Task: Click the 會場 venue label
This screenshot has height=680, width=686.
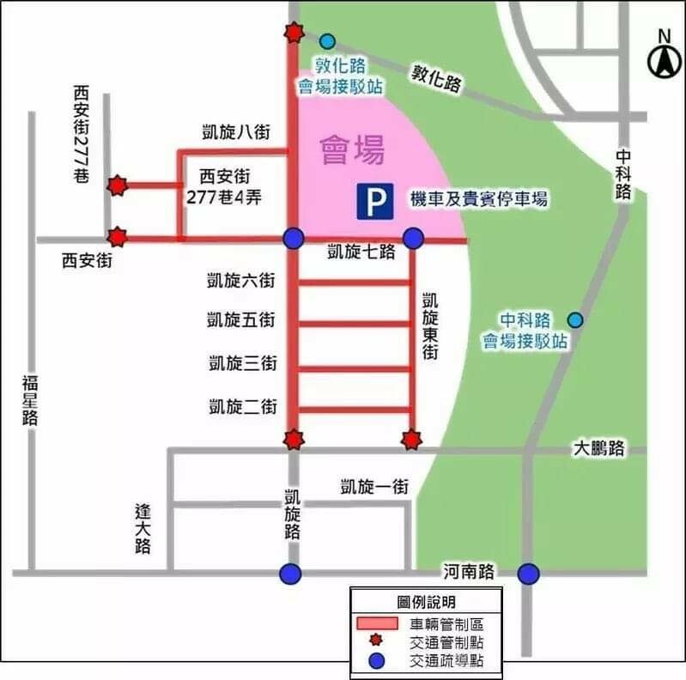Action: [x=352, y=150]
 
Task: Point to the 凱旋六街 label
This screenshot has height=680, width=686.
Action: [x=241, y=280]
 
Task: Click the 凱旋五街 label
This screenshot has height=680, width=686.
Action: [x=241, y=320]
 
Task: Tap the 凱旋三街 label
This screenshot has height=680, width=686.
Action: [x=241, y=363]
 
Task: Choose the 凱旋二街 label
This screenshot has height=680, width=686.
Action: [x=241, y=406]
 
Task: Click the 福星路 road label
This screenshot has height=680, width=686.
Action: [x=31, y=399]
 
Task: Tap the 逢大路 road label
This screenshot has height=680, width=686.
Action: [x=143, y=527]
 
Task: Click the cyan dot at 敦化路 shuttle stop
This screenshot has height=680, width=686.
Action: [x=327, y=40]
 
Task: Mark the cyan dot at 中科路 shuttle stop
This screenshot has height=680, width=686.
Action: [x=575, y=320]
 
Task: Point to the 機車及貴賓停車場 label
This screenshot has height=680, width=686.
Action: [x=478, y=200]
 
